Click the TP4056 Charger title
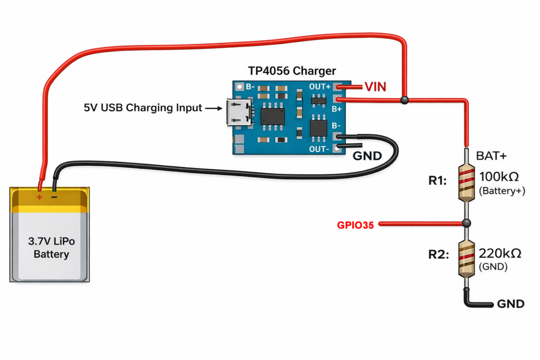click(292, 71)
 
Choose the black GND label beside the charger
click(367, 156)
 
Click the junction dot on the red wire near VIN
click(404, 100)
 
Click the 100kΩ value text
click(499, 177)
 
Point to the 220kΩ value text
click(499, 254)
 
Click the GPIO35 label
click(355, 225)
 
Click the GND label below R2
click(510, 304)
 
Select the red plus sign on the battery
click(39, 197)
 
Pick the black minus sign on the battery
click(54, 197)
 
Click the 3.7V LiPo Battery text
click(51, 248)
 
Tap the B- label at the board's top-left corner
click(247, 86)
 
